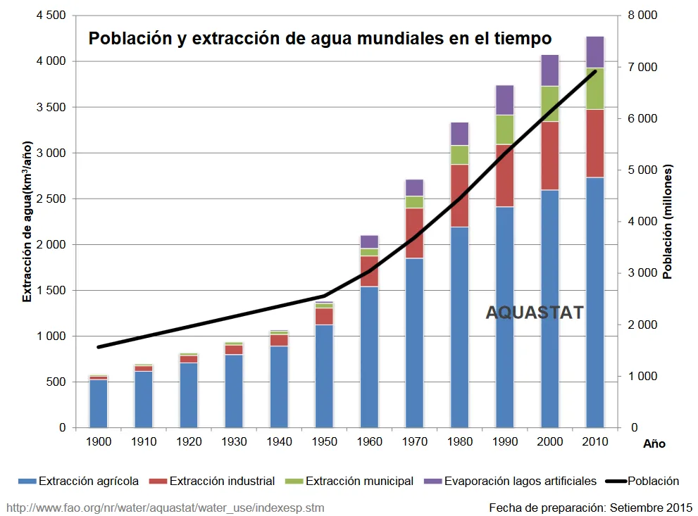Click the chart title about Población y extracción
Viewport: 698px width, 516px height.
pos(319,38)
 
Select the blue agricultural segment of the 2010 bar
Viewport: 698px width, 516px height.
pos(595,303)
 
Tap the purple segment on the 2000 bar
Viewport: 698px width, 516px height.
pos(550,70)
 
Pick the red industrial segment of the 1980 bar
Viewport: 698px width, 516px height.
pos(460,196)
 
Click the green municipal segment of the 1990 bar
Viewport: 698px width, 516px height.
pos(505,130)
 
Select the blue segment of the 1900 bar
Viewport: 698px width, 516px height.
pos(99,403)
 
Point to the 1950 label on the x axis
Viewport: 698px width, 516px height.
pos(324,442)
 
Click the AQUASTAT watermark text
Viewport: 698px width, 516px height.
pos(535,313)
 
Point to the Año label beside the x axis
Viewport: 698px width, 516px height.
pos(654,444)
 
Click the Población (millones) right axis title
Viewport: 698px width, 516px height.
pos(668,222)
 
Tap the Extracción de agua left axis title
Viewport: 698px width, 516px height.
pos(27,222)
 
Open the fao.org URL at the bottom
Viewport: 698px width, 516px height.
pos(166,507)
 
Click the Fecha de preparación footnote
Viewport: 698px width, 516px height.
pos(590,507)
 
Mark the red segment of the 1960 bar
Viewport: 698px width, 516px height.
pos(369,271)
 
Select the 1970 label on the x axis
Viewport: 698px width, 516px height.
pos(415,442)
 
